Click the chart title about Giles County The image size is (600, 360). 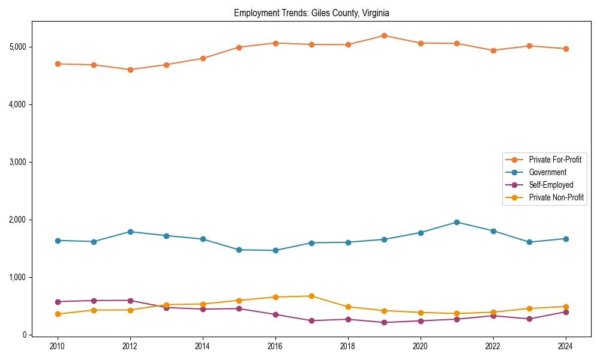coord(312,13)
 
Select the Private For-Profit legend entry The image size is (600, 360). coord(554,160)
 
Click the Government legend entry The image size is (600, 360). coord(547,172)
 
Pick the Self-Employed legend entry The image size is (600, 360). coord(551,185)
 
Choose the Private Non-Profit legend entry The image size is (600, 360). coord(556,197)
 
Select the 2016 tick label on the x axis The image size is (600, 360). coord(275,346)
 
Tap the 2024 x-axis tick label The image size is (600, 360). coord(565,346)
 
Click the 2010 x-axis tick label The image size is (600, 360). coord(58,346)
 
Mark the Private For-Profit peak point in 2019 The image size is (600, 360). coord(384,35)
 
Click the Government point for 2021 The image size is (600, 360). coord(457,222)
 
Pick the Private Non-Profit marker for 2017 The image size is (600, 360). coord(311,296)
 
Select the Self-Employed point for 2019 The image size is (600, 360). coord(384,322)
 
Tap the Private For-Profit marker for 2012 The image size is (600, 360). coord(130,70)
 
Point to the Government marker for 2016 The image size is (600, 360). coord(275,250)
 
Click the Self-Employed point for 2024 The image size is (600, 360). coord(565,312)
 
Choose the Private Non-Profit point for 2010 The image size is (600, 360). coord(58,314)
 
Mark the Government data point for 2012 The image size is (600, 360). coord(130,232)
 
